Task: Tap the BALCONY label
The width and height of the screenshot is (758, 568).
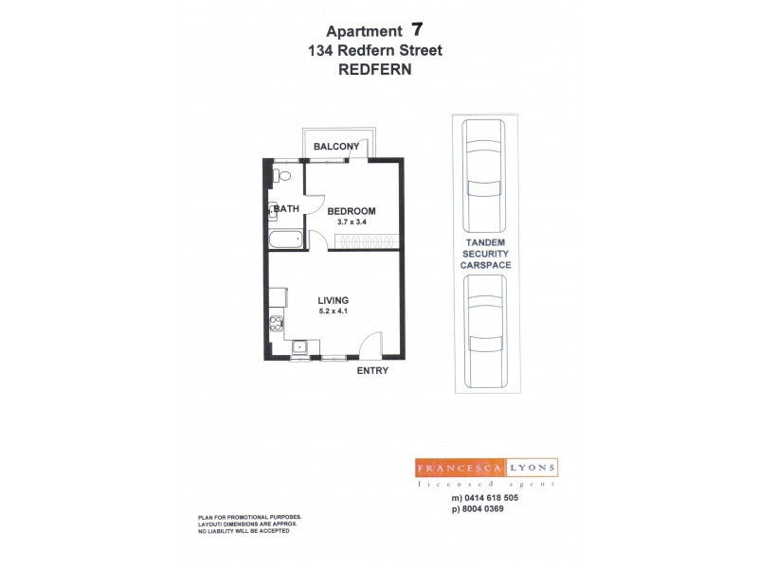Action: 337,146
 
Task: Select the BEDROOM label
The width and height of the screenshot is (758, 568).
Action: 352,211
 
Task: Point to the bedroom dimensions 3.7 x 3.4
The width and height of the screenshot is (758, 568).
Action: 352,222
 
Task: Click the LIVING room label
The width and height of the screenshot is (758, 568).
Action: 332,301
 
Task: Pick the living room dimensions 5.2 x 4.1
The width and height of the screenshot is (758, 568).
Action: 332,311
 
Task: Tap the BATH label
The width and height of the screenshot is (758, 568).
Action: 288,209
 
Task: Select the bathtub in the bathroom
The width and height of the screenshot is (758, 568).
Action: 285,240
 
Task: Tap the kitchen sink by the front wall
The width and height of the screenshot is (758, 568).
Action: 299,346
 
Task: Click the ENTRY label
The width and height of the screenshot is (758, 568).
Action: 372,371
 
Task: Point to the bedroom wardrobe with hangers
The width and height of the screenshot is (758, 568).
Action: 362,242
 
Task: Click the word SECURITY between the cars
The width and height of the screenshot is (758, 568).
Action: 486,255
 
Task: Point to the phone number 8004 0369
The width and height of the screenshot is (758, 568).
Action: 491,509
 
